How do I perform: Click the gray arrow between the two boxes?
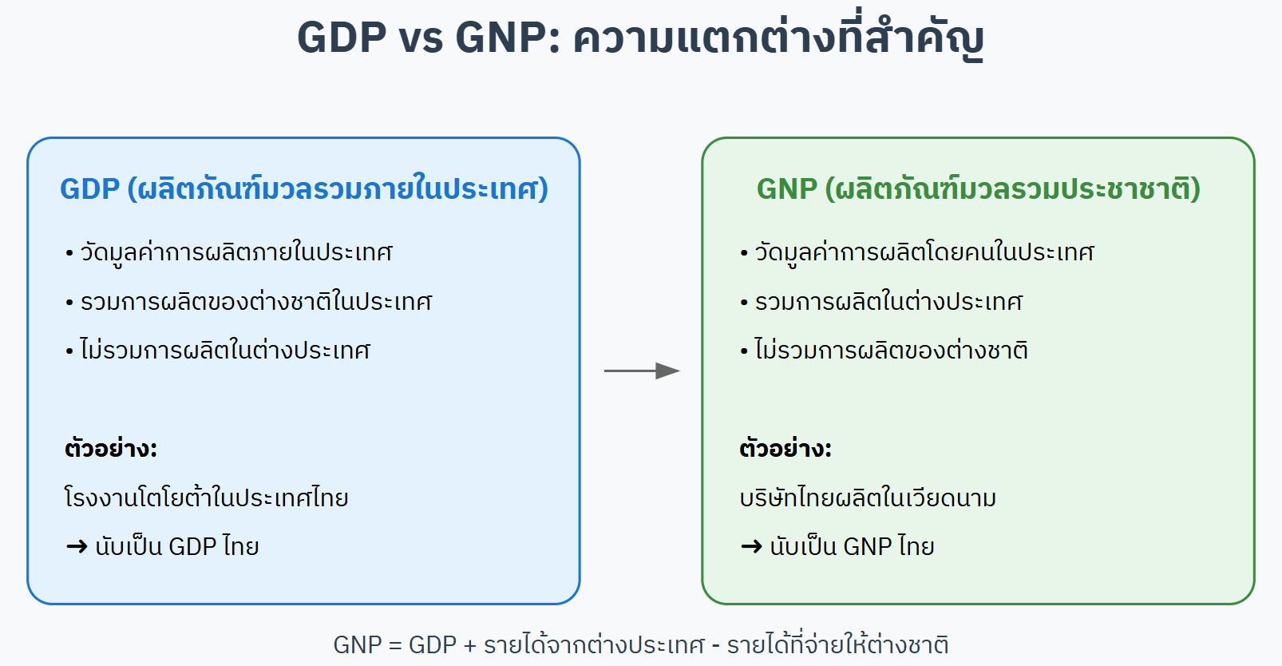point(642,371)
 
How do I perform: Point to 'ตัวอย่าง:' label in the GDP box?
point(110,448)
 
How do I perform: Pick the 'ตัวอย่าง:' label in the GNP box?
point(785,448)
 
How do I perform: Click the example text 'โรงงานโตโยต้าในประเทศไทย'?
point(206,497)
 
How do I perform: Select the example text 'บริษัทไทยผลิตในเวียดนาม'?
point(868,497)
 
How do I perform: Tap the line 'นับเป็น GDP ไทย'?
point(177,545)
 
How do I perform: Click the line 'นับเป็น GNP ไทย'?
point(852,545)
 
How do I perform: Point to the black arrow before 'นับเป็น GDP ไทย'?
point(77,546)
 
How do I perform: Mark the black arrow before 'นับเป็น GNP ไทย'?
point(751,546)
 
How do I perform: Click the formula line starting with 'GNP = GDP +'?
point(640,644)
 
